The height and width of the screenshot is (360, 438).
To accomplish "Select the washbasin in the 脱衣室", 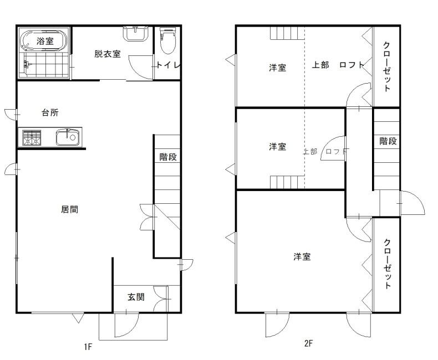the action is coord(135,33).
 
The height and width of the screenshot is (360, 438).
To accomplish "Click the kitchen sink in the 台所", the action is coord(67,137).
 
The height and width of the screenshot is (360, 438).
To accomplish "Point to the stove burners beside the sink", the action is coord(32,137).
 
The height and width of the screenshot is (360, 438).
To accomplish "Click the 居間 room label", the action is coord(69,209).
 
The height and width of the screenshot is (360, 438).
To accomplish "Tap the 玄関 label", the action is coord(136,297).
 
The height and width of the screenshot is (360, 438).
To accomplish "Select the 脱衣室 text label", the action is coord(108,54).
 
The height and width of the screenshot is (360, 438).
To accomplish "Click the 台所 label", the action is coord(50,112).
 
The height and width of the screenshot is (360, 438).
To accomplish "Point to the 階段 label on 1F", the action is coord(168,157).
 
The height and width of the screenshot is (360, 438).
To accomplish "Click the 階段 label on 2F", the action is coord(388,141).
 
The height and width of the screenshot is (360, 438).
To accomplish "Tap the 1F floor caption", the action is coord(88,347).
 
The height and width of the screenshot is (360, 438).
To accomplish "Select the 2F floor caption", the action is coord(308,343).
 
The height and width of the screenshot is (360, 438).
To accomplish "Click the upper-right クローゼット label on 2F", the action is coord(387,66).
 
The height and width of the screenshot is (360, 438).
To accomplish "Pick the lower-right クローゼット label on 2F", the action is coord(387,263).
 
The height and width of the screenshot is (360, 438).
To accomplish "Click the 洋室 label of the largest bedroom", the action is coord(302,256).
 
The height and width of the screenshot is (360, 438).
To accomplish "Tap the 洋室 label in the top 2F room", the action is coord(278,68).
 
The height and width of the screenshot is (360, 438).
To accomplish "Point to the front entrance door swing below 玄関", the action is coord(126,325).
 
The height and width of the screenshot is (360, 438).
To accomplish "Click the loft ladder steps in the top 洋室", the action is coord(287,33).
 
